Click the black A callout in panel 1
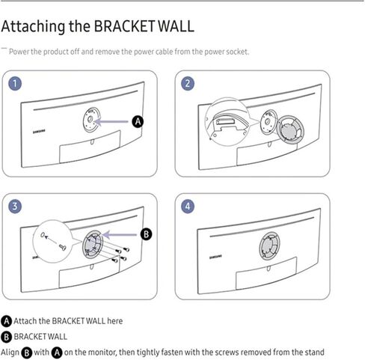[137, 120]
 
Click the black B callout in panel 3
[147, 234]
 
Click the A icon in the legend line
[7, 321]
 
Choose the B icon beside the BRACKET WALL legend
[7, 337]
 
